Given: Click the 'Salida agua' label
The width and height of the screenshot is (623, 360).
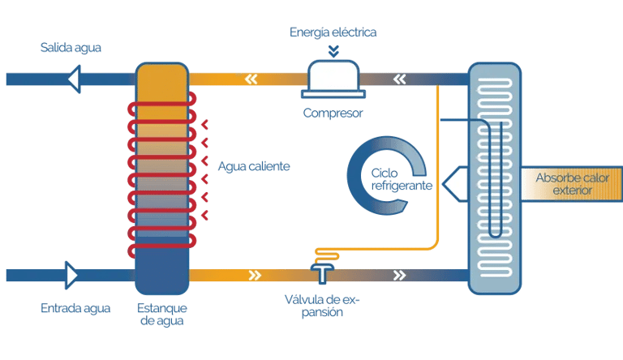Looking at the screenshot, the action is pyautogui.click(x=71, y=48).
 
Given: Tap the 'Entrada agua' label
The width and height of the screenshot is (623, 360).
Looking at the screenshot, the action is pyautogui.click(x=75, y=308).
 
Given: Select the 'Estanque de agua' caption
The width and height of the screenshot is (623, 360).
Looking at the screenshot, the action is pyautogui.click(x=162, y=315).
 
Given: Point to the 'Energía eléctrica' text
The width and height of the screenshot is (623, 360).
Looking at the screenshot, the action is pyautogui.click(x=333, y=32).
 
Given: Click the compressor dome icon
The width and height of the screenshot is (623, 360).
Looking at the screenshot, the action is pyautogui.click(x=333, y=79).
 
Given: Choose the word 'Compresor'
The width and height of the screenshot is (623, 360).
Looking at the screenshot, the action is pyautogui.click(x=333, y=114).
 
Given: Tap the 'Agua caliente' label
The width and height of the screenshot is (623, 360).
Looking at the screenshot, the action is pyautogui.click(x=254, y=166).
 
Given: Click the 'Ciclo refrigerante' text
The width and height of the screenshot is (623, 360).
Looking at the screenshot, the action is pyautogui.click(x=402, y=179).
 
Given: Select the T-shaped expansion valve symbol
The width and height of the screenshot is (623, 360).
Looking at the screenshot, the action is pyautogui.click(x=322, y=273).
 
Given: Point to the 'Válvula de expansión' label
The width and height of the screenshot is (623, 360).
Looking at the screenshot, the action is pyautogui.click(x=322, y=306).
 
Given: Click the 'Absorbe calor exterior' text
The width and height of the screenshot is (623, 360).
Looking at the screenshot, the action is pyautogui.click(x=572, y=183).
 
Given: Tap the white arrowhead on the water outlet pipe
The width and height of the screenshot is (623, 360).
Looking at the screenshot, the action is pyautogui.click(x=75, y=79).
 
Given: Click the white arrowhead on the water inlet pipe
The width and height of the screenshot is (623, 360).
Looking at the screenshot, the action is pyautogui.click(x=71, y=275).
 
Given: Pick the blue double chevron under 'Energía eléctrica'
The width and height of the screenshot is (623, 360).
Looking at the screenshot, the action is pyautogui.click(x=333, y=51).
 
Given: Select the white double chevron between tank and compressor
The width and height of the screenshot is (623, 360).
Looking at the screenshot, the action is pyautogui.click(x=251, y=79).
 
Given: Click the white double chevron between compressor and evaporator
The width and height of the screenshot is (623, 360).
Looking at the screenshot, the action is pyautogui.click(x=400, y=79).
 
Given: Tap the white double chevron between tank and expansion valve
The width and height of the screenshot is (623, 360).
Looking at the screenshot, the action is pyautogui.click(x=255, y=276).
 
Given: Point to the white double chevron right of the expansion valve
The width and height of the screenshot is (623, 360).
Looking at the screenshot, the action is pyautogui.click(x=400, y=276).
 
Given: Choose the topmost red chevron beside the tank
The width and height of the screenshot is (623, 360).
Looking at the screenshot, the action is pyautogui.click(x=204, y=125).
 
